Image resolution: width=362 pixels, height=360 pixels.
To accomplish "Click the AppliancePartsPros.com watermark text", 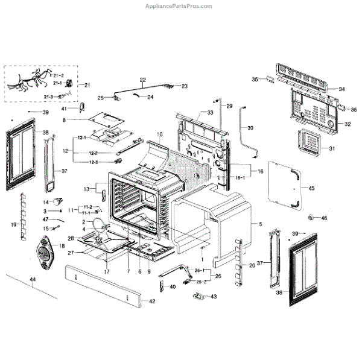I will [x=179, y=6].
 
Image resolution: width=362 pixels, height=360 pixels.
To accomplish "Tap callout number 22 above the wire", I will [x=143, y=80].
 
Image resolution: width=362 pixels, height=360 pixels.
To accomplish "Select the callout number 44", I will [x=33, y=279].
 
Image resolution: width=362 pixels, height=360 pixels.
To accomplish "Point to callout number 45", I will [x=312, y=188].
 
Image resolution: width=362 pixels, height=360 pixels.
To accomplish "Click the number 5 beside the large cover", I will [x=261, y=224].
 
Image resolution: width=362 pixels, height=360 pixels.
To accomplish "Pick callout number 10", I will [x=160, y=133].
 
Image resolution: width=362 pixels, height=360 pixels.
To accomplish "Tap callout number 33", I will [x=211, y=113].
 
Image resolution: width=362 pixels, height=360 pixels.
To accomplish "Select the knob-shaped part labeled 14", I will [x=60, y=200].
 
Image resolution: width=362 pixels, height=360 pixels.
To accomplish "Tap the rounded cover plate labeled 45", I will [x=285, y=187].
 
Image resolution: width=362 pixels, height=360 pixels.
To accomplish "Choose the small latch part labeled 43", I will [x=198, y=295].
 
